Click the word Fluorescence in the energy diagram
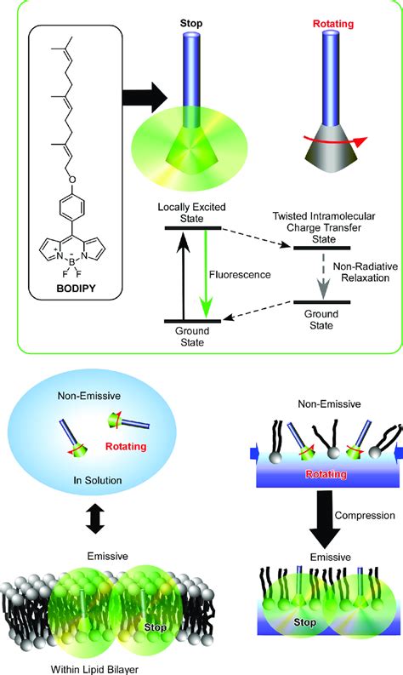(x=240, y=275)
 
